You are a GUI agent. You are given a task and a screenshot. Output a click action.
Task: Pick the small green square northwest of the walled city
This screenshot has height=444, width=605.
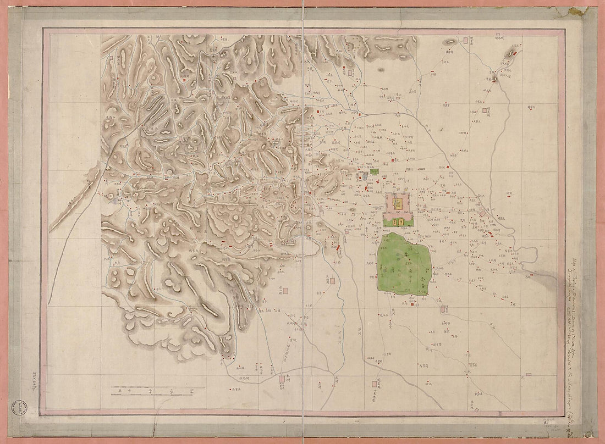point(375,171)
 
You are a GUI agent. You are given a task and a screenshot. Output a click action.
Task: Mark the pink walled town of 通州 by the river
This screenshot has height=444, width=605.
point(482,213)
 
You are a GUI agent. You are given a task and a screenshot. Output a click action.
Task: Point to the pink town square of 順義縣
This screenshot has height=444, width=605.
point(485,110)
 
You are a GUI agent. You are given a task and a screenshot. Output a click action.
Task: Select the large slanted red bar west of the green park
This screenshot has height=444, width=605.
point(338,251)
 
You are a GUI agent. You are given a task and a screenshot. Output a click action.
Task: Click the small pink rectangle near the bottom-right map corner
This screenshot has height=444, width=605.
point(529,375)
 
